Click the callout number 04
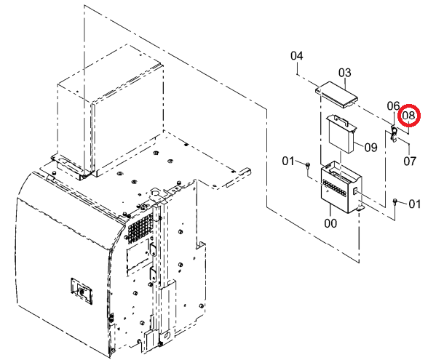[x=297, y=56]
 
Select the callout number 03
[x=345, y=73]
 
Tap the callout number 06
[x=394, y=106]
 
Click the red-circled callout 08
[x=408, y=116]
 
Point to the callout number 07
[x=410, y=161]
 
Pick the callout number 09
[x=371, y=148]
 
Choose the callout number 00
[x=330, y=223]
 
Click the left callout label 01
[x=288, y=161]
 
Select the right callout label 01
[x=415, y=204]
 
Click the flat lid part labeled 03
[x=336, y=95]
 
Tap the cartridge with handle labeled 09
[x=341, y=133]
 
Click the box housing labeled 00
[x=341, y=189]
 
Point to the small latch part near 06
[x=394, y=134]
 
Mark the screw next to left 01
[x=307, y=165]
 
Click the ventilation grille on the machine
[x=140, y=225]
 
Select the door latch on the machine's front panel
[x=82, y=291]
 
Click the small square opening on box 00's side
[x=355, y=191]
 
